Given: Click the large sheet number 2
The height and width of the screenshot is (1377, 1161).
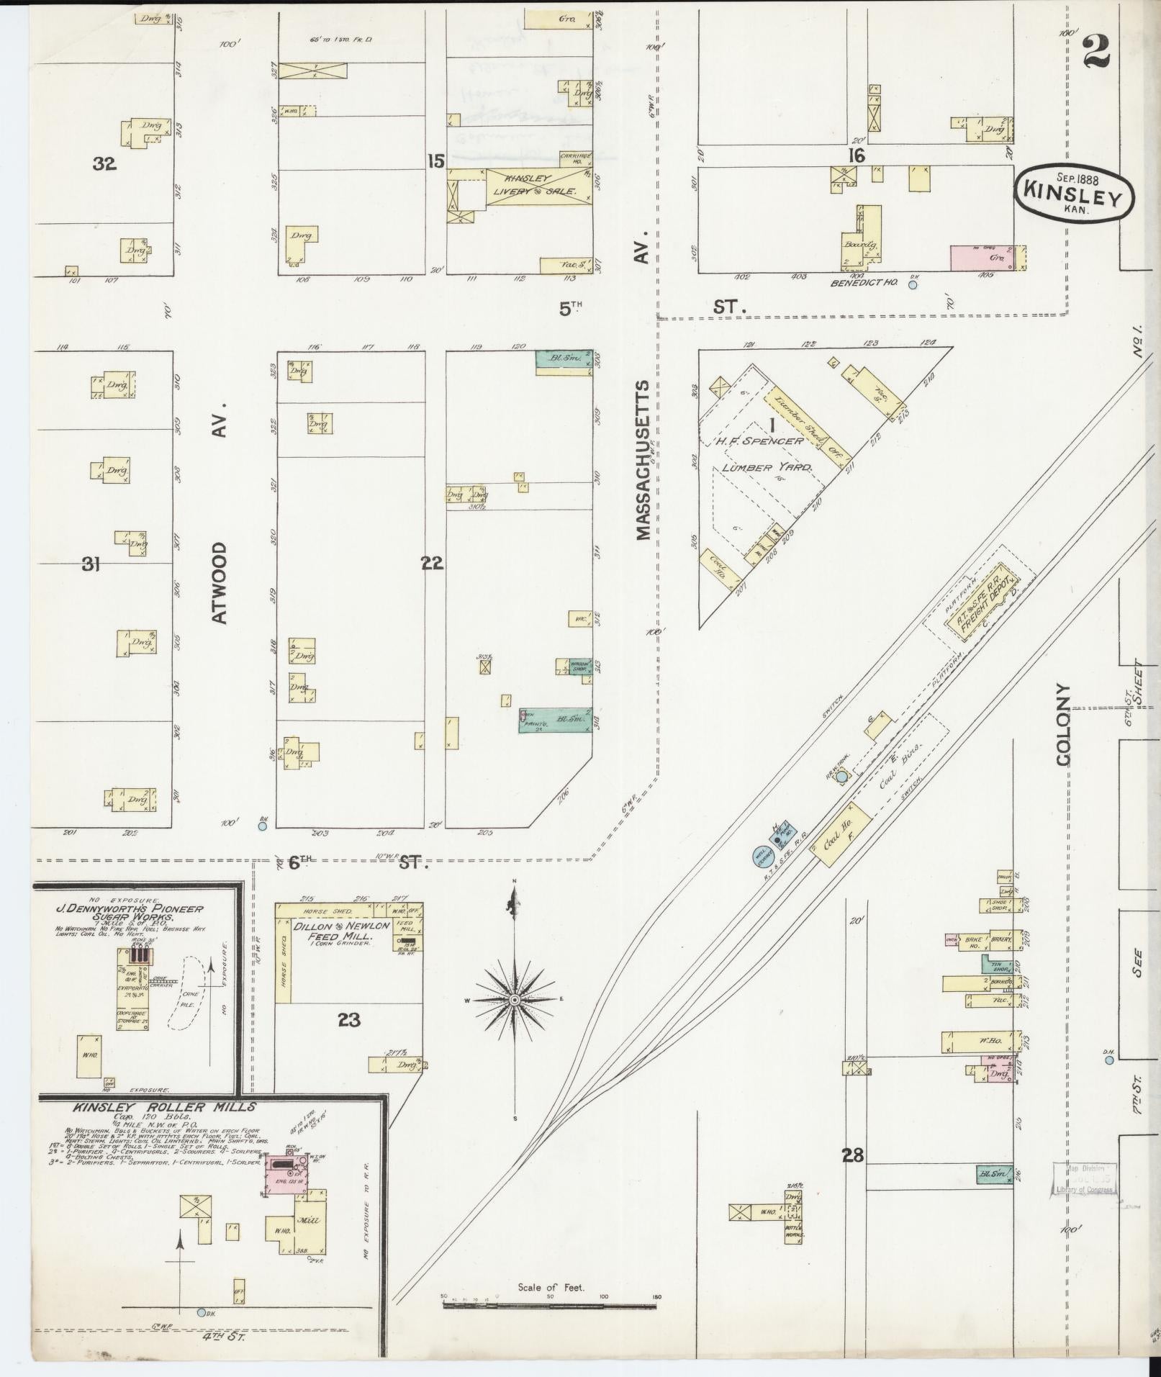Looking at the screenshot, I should pyautogui.click(x=1096, y=52).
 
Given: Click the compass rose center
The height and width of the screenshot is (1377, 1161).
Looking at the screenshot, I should pyautogui.click(x=515, y=1001).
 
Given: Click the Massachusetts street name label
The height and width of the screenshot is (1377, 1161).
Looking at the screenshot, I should pyautogui.click(x=643, y=461).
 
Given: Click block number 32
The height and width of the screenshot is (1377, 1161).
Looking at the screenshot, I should pyautogui.click(x=104, y=164).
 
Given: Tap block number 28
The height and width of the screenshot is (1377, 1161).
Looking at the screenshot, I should pyautogui.click(x=854, y=1156).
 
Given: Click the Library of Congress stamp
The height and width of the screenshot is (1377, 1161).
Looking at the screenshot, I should pyautogui.click(x=1084, y=1178).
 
